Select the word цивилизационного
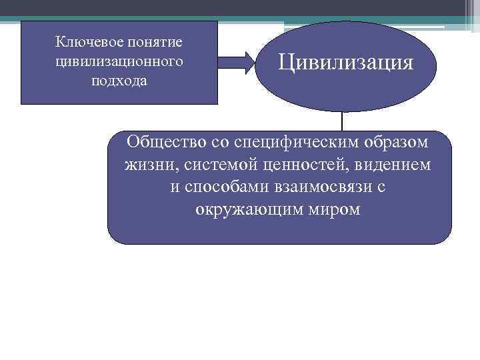(x=119, y=61)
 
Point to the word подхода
(x=119, y=81)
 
